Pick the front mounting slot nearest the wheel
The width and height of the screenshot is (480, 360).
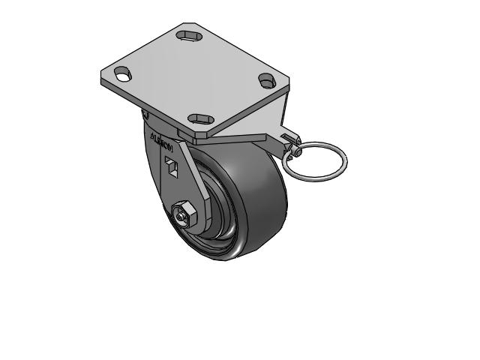(199, 118)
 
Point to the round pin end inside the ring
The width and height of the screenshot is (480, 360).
(295, 153)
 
